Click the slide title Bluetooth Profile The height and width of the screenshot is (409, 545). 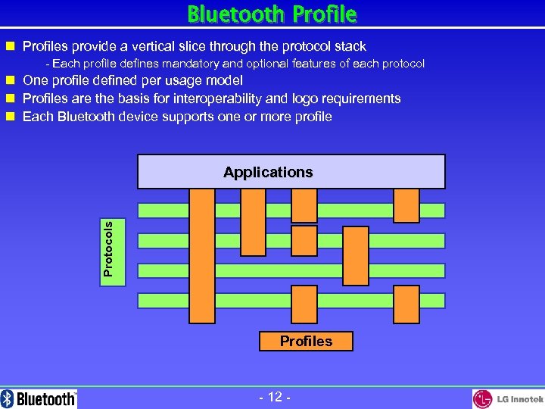point(272,14)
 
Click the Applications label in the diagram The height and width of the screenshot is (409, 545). point(268,172)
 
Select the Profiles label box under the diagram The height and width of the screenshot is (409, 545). point(306,341)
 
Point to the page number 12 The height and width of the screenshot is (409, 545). point(275,397)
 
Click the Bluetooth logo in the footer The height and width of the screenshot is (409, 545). point(39,398)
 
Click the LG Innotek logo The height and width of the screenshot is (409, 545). point(508,398)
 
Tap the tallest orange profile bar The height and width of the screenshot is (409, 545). point(201,255)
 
